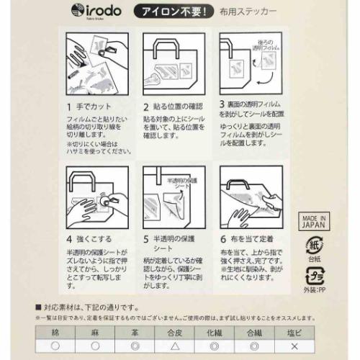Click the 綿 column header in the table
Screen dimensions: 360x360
[x=56, y=333]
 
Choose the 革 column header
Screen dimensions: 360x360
[x=134, y=333]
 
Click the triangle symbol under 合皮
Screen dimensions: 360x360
[x=174, y=346]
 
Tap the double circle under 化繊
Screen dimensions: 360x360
[x=212, y=346]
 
